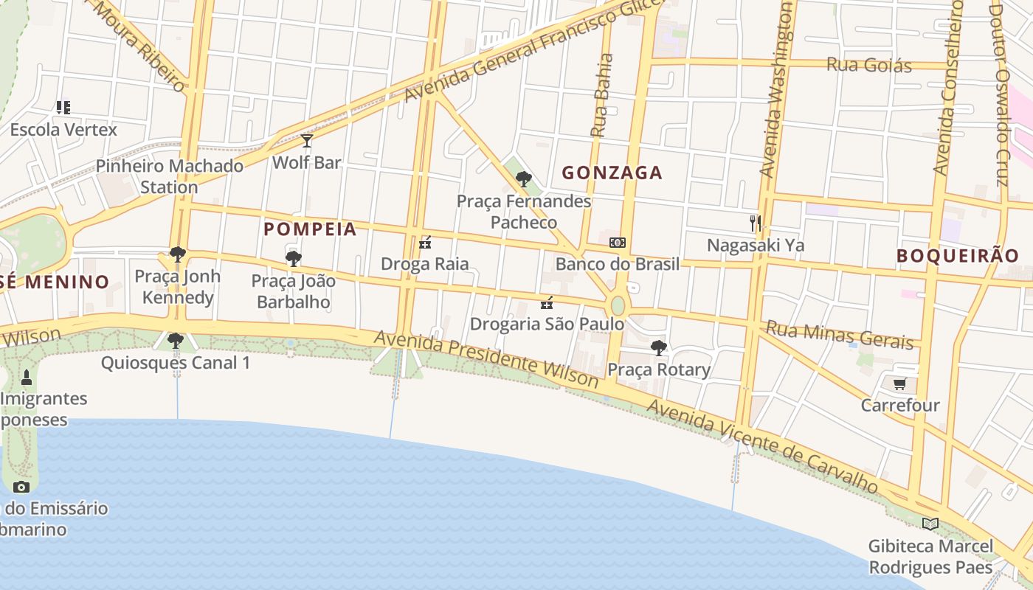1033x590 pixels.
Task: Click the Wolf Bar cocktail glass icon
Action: click(x=307, y=141)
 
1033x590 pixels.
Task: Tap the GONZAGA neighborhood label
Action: click(x=612, y=173)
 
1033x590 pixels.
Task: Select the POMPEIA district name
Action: click(x=310, y=229)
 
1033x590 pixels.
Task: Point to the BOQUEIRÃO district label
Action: click(x=958, y=256)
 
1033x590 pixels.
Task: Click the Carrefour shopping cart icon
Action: click(x=899, y=383)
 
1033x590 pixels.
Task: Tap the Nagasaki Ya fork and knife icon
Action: click(x=755, y=223)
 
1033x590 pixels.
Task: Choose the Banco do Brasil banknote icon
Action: click(x=617, y=243)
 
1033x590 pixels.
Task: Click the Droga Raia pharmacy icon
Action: click(x=424, y=243)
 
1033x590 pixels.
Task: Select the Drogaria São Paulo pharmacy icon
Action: click(x=547, y=302)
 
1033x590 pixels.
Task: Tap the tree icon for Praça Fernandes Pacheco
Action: click(x=524, y=178)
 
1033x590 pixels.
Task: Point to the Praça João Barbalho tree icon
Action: click(x=294, y=258)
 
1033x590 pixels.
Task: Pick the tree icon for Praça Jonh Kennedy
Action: click(x=177, y=254)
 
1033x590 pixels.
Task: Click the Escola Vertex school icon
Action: click(x=63, y=108)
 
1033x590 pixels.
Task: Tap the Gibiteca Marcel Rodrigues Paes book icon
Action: click(x=930, y=524)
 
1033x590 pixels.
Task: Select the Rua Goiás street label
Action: click(x=869, y=65)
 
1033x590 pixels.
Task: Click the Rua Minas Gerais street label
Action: click(x=840, y=334)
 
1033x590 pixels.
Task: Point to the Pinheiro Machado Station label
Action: click(x=170, y=176)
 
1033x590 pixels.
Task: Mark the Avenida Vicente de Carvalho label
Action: click(x=762, y=446)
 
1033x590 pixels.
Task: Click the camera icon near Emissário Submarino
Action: click(x=21, y=487)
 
